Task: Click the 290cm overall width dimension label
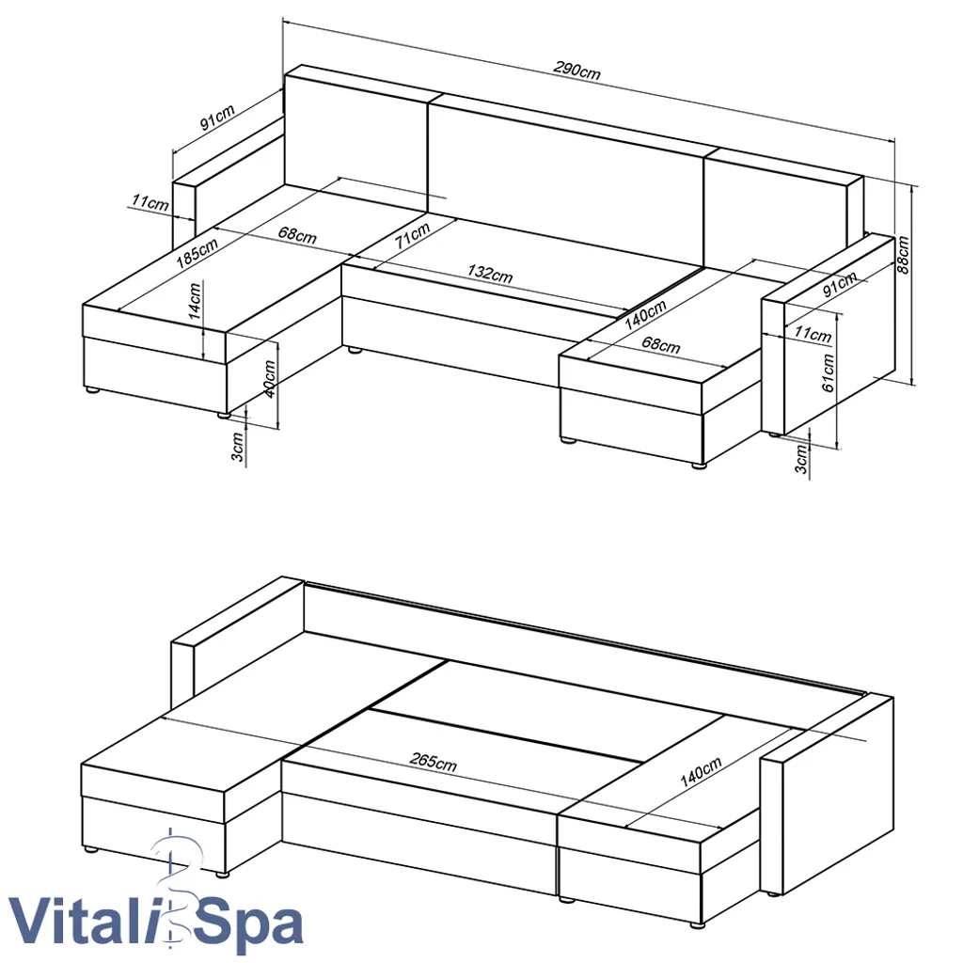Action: [x=576, y=70]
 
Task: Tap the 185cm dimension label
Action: [x=197, y=252]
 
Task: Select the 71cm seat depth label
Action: [x=412, y=235]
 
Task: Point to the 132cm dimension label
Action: [x=490, y=274]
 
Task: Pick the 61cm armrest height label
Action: [x=828, y=372]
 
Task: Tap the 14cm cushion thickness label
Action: [x=195, y=300]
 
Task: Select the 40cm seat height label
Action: [x=270, y=379]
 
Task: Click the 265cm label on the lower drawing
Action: [x=434, y=762]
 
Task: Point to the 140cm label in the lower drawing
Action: [x=701, y=773]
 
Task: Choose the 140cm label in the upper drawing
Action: [x=645, y=315]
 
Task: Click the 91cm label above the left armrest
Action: [x=217, y=118]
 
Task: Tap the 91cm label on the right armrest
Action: [x=840, y=284]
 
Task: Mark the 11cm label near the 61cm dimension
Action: [x=813, y=334]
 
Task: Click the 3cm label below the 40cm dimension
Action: [x=238, y=447]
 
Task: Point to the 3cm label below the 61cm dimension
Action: [x=801, y=459]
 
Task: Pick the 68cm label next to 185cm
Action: [x=298, y=235]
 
